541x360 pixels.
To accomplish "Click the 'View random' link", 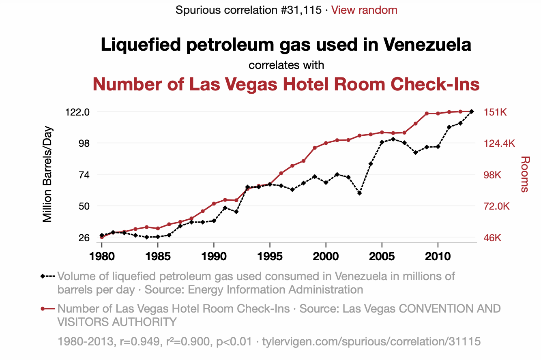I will (364, 10).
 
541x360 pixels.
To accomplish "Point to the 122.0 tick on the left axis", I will (77, 112).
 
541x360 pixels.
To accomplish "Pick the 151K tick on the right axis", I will (495, 112).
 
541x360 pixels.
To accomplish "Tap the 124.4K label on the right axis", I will (500, 144).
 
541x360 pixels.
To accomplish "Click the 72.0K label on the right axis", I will (496, 206).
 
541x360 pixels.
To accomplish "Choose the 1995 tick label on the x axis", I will (270, 257).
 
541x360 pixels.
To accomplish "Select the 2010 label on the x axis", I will (438, 257).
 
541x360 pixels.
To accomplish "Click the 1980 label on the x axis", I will (102, 257).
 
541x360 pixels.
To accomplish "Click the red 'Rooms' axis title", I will (525, 174).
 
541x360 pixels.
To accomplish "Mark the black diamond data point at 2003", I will (359, 193).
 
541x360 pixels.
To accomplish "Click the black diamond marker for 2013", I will (472, 111).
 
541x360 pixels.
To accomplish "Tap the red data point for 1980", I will (102, 237).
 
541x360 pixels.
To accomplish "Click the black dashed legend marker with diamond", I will (48, 276).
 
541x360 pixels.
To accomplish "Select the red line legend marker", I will (48, 309).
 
